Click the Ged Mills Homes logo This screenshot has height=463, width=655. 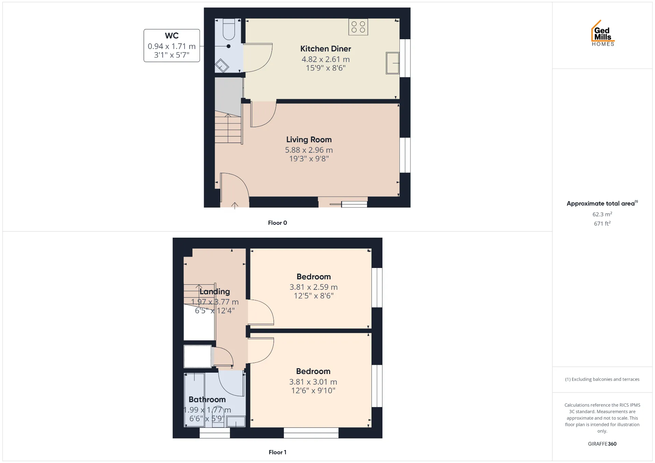pos(603,33)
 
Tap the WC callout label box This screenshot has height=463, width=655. pos(172,45)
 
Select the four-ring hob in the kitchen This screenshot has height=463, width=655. pos(358,27)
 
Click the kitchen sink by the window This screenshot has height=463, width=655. pos(393,63)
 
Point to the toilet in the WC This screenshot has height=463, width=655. pos(229,29)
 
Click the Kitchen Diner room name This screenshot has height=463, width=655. pos(325,49)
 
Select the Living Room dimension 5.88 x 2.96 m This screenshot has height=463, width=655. pos(309,150)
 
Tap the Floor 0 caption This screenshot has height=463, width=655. pos(277,223)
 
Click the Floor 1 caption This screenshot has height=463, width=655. pos(277,452)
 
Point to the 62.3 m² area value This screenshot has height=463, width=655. pos(602,214)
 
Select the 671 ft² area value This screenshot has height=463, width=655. pos(602,223)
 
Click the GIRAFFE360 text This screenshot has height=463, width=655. pos(602,444)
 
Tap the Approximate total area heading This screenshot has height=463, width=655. pos(602,203)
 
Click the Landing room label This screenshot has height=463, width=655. pos(215,292)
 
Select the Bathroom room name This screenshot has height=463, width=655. pos(207,399)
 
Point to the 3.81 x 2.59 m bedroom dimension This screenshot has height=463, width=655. pos(314,287)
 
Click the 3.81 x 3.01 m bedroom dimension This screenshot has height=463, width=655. pos(313,382)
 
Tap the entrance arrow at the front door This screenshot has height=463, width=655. pos(235,206)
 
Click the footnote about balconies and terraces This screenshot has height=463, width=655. pos(602,379)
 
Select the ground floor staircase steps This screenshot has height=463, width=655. pos(228,129)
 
